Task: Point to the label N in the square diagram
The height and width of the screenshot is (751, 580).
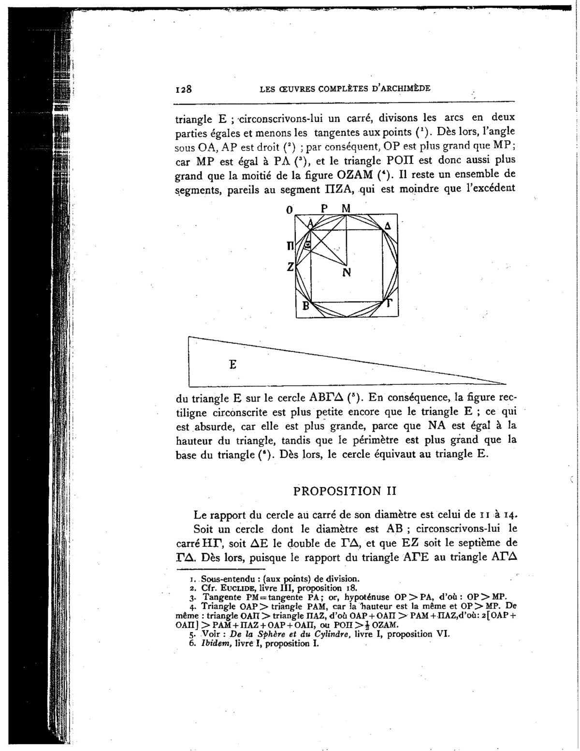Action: click(x=346, y=272)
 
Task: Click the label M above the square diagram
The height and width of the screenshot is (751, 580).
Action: click(x=346, y=209)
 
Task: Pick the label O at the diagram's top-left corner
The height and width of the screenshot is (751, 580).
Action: click(x=290, y=210)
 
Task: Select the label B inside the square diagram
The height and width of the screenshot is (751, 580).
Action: click(x=305, y=306)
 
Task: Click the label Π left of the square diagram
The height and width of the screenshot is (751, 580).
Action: click(x=290, y=246)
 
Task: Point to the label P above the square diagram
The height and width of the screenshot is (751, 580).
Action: click(x=324, y=209)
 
